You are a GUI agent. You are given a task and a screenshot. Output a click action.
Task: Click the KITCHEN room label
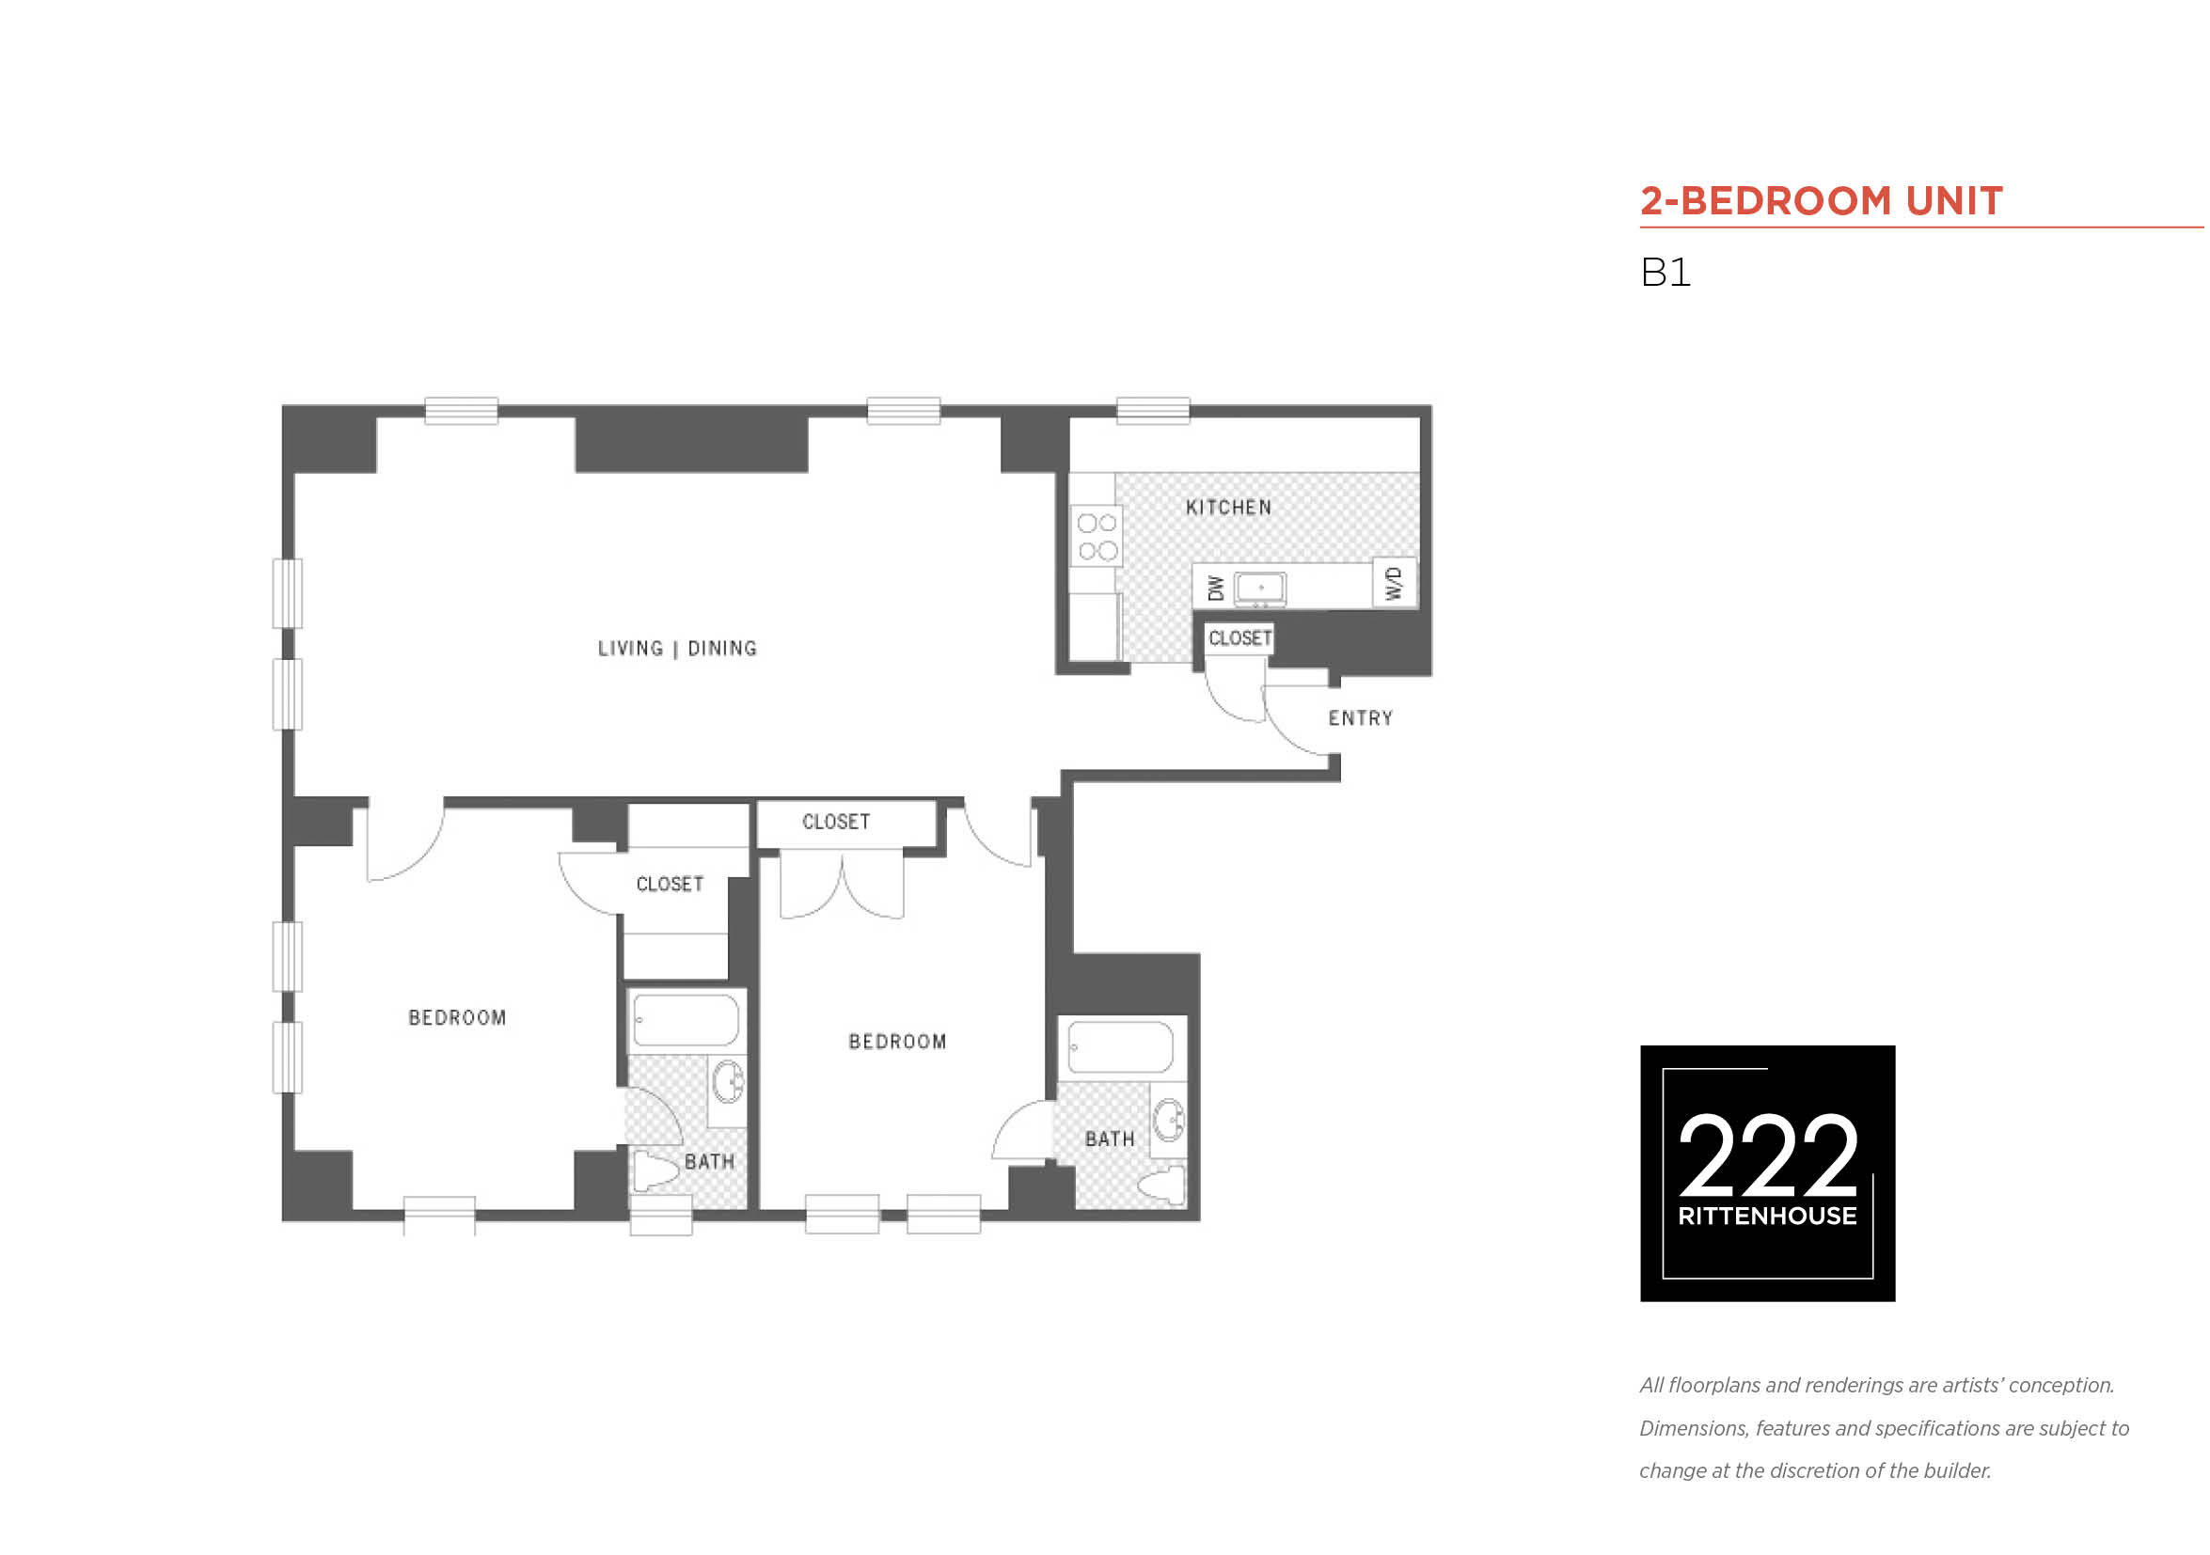point(1228,507)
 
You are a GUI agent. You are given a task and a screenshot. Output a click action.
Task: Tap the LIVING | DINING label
point(678,649)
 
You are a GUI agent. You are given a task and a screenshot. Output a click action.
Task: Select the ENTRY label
point(1360,718)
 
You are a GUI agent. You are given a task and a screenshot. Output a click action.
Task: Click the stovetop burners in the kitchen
point(1097,536)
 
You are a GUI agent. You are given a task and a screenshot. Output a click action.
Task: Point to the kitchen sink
point(1260,588)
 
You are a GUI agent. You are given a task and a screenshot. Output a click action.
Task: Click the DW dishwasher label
point(1216,588)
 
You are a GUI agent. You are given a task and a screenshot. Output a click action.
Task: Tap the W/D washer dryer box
point(1394,582)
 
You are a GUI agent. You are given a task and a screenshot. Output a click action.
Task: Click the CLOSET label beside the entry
point(1239,638)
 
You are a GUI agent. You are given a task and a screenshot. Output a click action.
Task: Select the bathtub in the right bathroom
point(1121,1047)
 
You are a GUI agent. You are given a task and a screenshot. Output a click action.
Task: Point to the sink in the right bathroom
point(1170,1120)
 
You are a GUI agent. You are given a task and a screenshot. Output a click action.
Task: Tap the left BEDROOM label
point(457,1017)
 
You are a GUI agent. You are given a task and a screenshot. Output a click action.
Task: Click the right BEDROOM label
point(897,1041)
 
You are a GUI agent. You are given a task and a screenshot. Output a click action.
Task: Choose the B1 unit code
point(1665,273)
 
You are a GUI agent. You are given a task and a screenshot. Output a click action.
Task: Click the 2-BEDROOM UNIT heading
point(1821,201)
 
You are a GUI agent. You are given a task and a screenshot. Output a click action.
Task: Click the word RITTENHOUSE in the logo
point(1767,1217)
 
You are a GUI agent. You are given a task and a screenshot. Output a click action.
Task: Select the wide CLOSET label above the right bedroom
point(835,822)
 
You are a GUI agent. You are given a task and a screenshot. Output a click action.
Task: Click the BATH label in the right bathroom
point(1110,1139)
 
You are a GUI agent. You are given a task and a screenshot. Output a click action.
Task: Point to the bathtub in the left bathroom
point(687,1020)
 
